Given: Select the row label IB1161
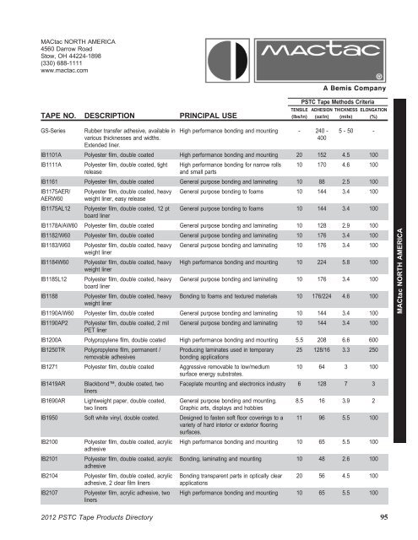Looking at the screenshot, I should [x=52, y=181].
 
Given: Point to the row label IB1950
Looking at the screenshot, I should [x=52, y=417].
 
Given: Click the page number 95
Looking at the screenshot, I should [x=385, y=517].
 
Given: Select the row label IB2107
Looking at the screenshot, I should [x=52, y=490].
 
